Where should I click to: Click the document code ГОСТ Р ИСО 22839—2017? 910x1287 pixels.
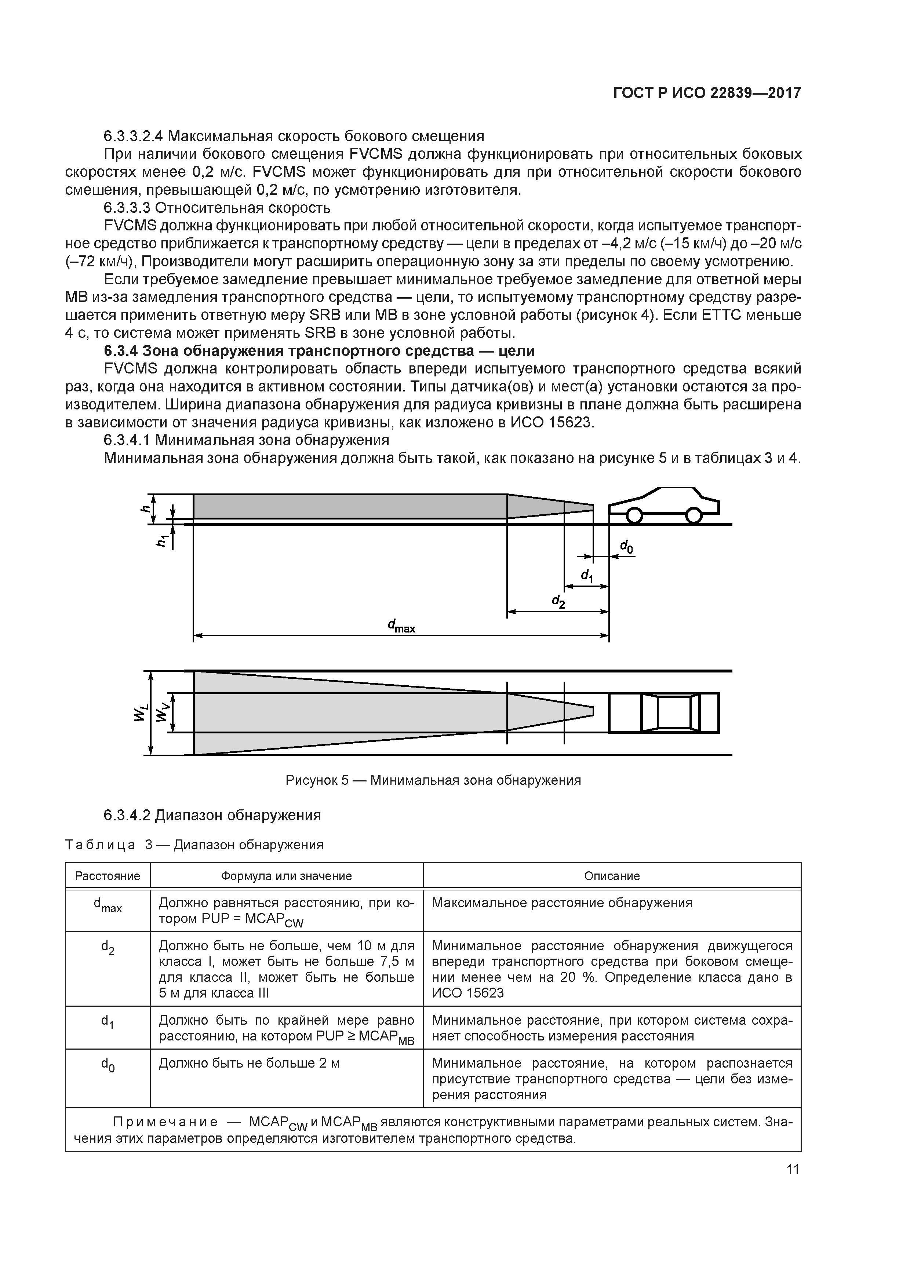(707, 93)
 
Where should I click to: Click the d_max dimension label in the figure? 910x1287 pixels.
(401, 626)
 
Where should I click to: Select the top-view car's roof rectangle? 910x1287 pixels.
(674, 712)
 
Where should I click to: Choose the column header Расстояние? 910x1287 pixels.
(108, 876)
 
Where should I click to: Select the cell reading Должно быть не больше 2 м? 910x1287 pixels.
(250, 1063)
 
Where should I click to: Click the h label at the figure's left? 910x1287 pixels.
(146, 508)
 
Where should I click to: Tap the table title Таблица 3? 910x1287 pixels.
(194, 845)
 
